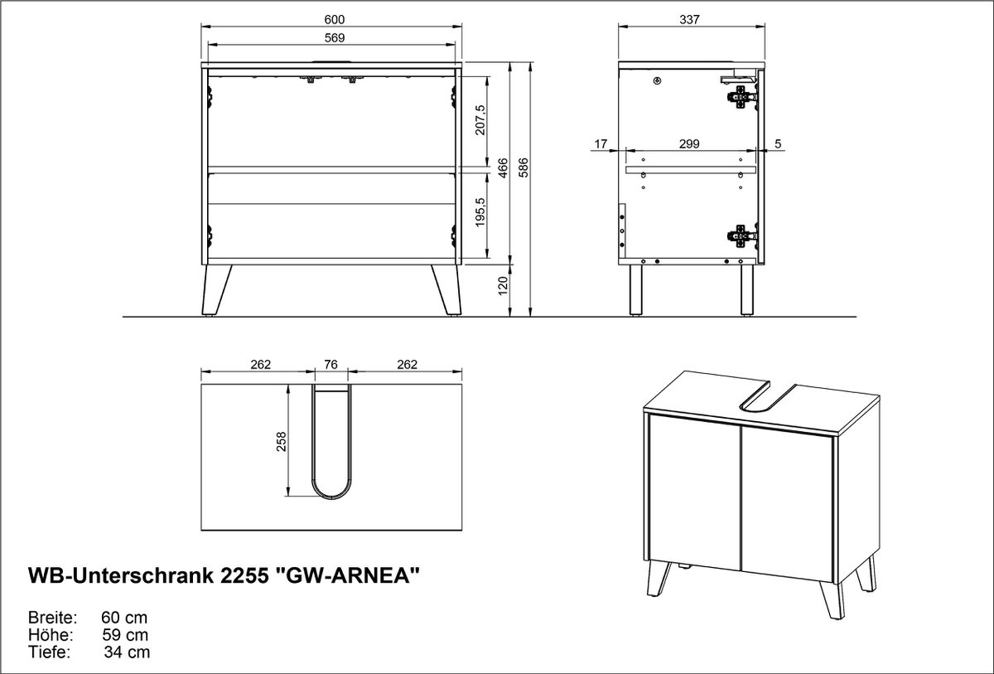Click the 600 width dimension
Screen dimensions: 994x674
(334, 20)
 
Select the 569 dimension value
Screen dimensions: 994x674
(334, 38)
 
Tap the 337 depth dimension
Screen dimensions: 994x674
(689, 20)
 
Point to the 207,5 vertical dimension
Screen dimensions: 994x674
(480, 120)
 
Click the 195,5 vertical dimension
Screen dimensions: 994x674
(480, 212)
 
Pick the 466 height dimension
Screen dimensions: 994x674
(503, 167)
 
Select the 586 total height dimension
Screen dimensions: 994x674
(524, 167)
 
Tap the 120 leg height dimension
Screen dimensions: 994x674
(503, 285)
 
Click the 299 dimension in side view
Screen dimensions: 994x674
(689, 144)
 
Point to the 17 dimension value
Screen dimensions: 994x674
(601, 144)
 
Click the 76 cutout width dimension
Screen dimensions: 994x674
(331, 365)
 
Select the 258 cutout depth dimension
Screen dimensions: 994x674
(282, 442)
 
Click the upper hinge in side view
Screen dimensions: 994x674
(741, 98)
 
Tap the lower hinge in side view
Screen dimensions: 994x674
(741, 235)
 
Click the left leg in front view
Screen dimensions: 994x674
(216, 290)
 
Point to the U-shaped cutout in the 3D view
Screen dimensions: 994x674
(767, 396)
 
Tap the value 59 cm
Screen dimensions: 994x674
(125, 635)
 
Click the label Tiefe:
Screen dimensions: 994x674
(49, 652)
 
